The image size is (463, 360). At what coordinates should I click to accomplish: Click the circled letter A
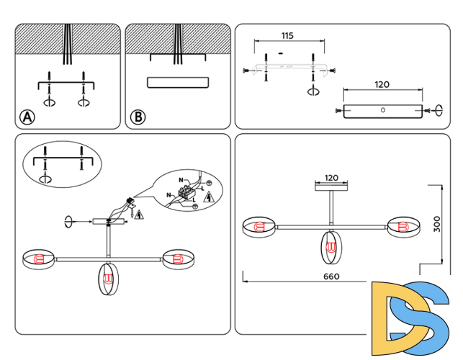pos(27,117)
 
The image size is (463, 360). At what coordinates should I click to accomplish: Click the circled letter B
pos(138,117)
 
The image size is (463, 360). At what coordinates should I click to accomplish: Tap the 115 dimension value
pos(287,36)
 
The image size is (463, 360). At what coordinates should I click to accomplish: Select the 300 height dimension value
pos(437,224)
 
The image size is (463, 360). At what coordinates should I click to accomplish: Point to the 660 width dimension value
pos(331,276)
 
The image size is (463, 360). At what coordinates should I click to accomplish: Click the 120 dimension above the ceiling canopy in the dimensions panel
pos(331,178)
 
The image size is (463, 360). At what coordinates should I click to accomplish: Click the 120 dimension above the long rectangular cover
pos(382,85)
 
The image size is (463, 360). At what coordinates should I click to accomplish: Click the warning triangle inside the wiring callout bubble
pos(209,197)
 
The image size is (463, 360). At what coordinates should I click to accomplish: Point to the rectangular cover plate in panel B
pos(178,82)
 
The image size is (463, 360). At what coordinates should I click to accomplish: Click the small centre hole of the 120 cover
pos(383,110)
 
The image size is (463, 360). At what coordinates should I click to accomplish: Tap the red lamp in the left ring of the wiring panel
pos(40,260)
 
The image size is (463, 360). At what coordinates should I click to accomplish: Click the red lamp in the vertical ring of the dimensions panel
pos(331,247)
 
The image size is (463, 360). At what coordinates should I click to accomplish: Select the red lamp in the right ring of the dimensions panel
pos(403,227)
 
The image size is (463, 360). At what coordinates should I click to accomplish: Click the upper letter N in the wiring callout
pos(181,180)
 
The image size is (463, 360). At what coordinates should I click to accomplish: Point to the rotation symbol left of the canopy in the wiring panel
pos(68,222)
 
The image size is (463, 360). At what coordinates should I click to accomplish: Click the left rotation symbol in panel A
pos(49,103)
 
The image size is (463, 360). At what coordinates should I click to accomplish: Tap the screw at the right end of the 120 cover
pos(426,111)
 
